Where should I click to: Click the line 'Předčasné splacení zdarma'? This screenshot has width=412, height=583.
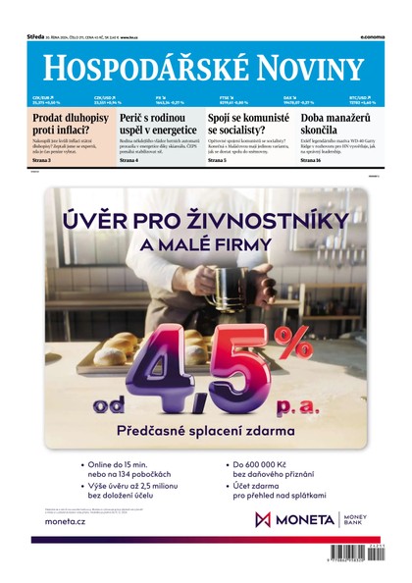pyautogui.click(x=205, y=430)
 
